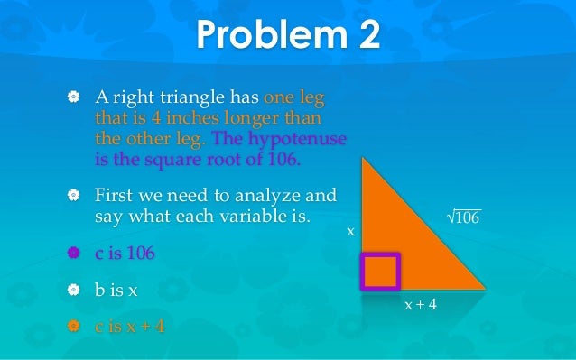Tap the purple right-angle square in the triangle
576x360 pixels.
(x=380, y=271)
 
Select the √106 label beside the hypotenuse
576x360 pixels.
(x=464, y=217)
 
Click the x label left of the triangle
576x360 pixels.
(x=351, y=232)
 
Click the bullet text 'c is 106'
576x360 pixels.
(x=125, y=254)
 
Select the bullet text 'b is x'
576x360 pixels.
(x=119, y=291)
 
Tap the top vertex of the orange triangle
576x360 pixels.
(x=362, y=159)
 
